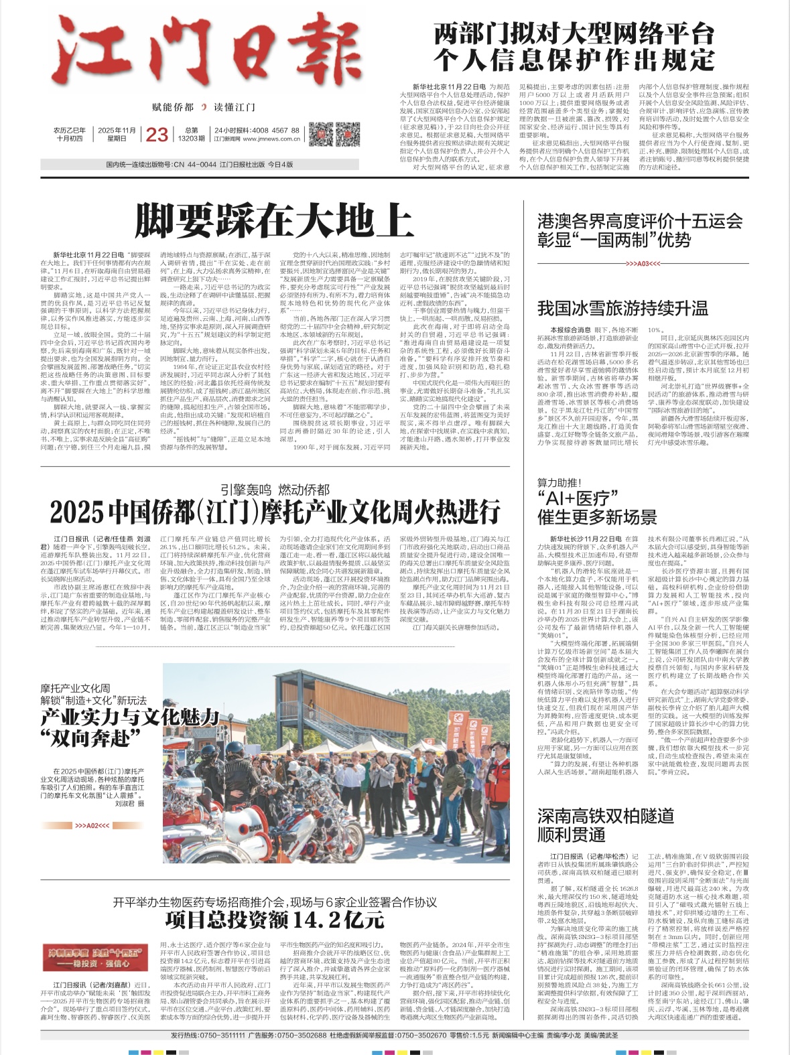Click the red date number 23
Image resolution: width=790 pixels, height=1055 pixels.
(157, 135)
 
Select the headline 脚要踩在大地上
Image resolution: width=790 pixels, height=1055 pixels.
(274, 221)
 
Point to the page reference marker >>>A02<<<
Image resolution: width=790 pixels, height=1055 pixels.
(92, 826)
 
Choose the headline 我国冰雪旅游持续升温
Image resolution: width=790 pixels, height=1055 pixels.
(622, 308)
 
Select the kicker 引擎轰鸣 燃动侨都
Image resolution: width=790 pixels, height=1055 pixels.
(275, 490)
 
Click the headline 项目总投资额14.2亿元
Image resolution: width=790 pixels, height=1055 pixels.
(275, 920)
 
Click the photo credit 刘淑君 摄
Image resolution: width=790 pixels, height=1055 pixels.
(129, 803)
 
